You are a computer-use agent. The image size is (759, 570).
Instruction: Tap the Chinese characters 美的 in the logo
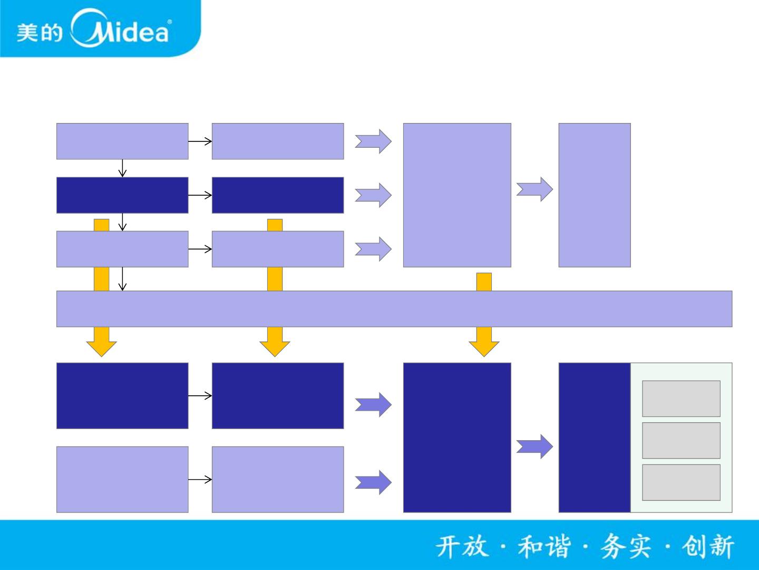coord(39,33)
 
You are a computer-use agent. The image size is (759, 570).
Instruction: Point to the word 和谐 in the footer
coord(544,546)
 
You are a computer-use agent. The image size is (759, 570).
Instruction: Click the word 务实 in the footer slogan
coord(626,546)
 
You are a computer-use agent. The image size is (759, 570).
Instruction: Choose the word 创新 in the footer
coord(708,546)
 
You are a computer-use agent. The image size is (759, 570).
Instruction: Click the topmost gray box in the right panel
coord(681,398)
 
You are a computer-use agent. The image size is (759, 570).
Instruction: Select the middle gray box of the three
coord(681,440)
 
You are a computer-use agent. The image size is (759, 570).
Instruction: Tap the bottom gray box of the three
coord(681,482)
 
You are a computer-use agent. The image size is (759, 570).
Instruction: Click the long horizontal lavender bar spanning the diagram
coord(394,309)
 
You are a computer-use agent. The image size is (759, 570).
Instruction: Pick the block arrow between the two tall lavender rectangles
coord(534,189)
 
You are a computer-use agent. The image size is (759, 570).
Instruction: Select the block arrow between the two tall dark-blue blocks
coord(534,446)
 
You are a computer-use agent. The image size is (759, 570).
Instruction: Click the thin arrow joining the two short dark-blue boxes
coord(200,195)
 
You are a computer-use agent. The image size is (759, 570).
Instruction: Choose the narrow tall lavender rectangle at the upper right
coord(595,195)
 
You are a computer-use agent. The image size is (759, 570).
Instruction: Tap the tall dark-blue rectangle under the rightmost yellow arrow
coord(457,437)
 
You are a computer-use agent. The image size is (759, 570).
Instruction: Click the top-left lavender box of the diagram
coord(122,141)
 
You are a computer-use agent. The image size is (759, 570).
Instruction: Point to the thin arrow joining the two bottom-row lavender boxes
coord(200,479)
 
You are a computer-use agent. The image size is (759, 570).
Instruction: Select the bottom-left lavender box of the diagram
coord(122,479)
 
